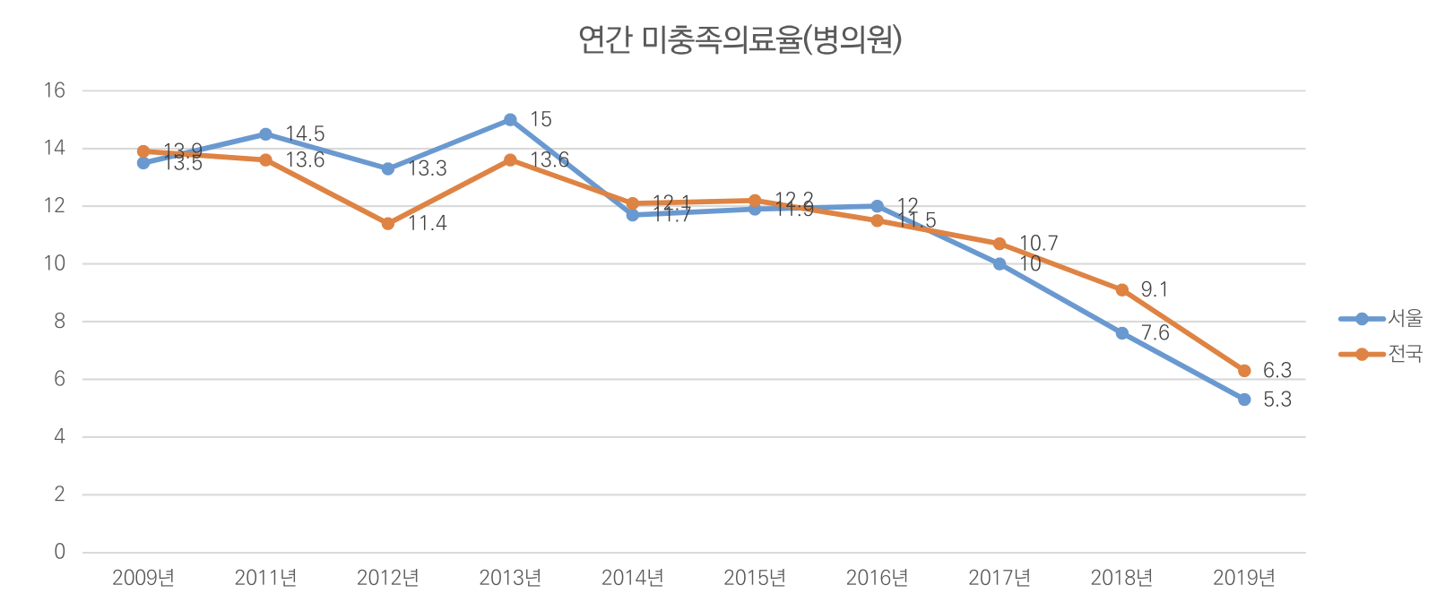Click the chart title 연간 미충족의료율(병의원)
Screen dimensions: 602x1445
tap(740, 40)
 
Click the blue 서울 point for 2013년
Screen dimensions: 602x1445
tap(510, 120)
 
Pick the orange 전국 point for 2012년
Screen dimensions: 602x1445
tap(388, 224)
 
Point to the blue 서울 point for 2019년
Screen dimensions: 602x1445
tap(1244, 400)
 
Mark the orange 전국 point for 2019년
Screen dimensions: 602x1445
tap(1244, 371)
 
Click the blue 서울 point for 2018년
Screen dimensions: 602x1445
tap(1122, 333)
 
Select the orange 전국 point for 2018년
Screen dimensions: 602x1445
tap(1122, 290)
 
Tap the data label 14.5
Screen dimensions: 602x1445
tap(305, 134)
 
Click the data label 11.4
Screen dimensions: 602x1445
tap(428, 224)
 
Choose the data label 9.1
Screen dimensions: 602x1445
tap(1155, 290)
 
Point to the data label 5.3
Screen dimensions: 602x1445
tap(1277, 400)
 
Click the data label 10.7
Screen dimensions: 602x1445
tap(1039, 244)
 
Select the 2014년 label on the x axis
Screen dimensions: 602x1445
tap(633, 578)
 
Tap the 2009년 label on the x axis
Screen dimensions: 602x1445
tap(143, 578)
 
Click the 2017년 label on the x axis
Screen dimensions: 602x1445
tap(999, 578)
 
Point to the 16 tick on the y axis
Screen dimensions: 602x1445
tap(56, 90)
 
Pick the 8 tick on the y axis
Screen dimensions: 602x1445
tap(60, 322)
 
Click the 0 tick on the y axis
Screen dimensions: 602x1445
tap(60, 552)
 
